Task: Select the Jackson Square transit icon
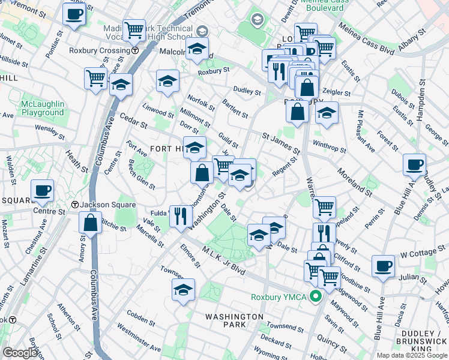(75, 205)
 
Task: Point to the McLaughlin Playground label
(42, 108)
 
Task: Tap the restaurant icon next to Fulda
(181, 216)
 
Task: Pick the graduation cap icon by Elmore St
(183, 290)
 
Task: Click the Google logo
(20, 353)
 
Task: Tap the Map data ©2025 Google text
(411, 355)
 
